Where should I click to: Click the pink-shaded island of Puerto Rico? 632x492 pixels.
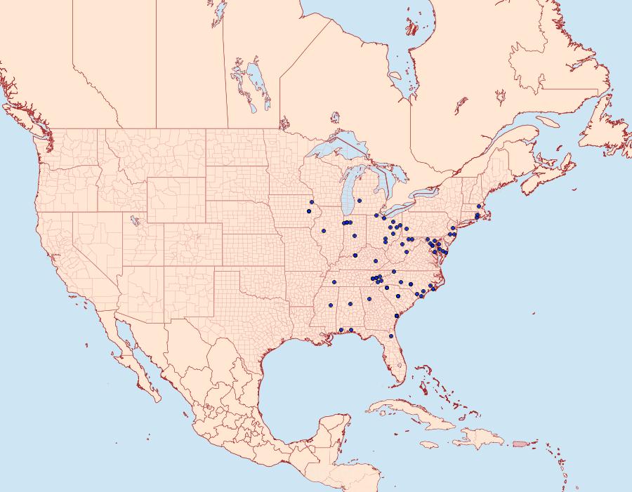(x=520, y=443)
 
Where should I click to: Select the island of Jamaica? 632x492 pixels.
(x=430, y=444)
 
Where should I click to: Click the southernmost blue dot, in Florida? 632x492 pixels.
(x=391, y=336)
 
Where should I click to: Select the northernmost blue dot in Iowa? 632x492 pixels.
(x=311, y=202)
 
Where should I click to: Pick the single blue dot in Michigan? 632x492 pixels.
(x=359, y=201)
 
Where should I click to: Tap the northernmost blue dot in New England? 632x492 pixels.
(x=478, y=206)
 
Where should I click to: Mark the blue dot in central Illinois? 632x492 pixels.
(x=355, y=236)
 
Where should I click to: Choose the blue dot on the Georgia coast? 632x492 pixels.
(x=397, y=316)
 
